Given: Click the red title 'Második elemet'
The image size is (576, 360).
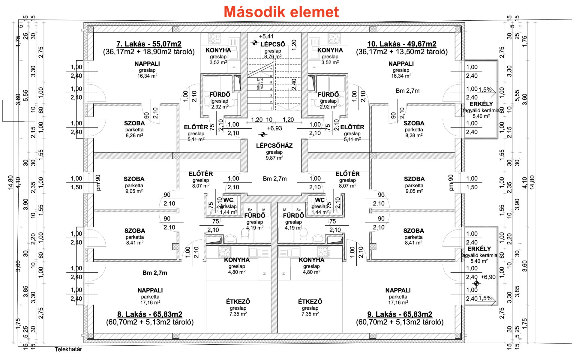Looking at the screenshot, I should pos(281,12).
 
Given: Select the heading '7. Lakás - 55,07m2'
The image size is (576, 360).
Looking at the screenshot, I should pos(149,44).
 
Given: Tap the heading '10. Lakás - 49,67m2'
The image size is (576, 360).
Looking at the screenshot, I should pos(402,44).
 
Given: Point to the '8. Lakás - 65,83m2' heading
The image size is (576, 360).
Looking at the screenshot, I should pos(150,314).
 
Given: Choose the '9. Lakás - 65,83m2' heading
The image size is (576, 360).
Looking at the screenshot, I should pos(400,314).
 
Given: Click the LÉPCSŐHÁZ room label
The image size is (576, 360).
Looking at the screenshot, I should pos(274,146).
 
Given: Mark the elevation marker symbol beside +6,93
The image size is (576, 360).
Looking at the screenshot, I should pos(263,134).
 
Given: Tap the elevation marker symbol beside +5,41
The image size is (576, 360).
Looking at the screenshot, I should pos(255,43).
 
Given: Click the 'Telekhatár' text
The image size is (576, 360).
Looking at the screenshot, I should pos(68,349).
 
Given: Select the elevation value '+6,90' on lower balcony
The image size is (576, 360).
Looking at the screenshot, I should pos(488,277).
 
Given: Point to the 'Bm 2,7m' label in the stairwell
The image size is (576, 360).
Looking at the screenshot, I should pos(275,179).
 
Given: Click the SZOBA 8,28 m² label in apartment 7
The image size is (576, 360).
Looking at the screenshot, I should pos(134,123).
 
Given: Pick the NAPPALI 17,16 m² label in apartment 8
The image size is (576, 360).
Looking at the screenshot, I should pos(150,290).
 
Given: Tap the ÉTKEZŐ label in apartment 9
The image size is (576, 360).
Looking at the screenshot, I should pos(310,301).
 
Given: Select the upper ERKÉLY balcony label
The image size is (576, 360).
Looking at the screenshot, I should pos(481,104).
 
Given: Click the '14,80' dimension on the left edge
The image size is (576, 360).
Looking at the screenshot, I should pos(11,182).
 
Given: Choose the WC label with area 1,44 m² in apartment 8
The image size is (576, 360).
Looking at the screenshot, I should pos(228,200).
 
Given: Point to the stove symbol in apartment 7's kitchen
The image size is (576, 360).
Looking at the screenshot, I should pos(215,39).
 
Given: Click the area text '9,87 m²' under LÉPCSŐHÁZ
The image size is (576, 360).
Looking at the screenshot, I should pos(274,158).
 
